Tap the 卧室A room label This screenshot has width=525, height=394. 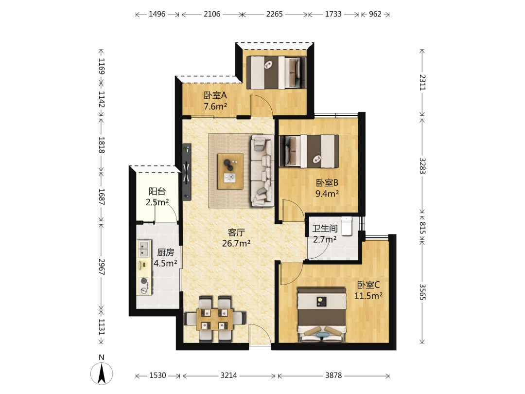pyautogui.click(x=215, y=95)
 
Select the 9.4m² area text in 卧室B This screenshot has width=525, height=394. pyautogui.click(x=327, y=193)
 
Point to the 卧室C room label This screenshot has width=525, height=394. pyautogui.click(x=368, y=285)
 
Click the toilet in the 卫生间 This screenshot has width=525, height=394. pyautogui.click(x=347, y=226)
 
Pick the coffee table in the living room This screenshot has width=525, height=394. pyautogui.click(x=230, y=171)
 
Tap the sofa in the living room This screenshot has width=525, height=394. pyautogui.click(x=262, y=171)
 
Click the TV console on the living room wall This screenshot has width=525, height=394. pyautogui.click(x=187, y=172)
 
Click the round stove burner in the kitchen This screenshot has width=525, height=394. pyautogui.click(x=144, y=281)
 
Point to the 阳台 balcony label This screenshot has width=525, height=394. pyautogui.click(x=157, y=191)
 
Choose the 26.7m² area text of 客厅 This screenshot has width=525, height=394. pyautogui.click(x=236, y=243)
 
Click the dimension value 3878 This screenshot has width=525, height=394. pyautogui.click(x=333, y=375)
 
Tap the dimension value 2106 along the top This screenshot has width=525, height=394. pyautogui.click(x=212, y=14)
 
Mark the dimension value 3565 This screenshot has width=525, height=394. pyautogui.click(x=422, y=292)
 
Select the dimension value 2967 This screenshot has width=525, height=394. pyautogui.click(x=102, y=267)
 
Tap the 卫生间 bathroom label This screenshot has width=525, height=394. pyautogui.click(x=325, y=229)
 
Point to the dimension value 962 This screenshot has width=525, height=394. pyautogui.click(x=375, y=14)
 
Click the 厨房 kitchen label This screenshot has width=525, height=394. pyautogui.click(x=165, y=252)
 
